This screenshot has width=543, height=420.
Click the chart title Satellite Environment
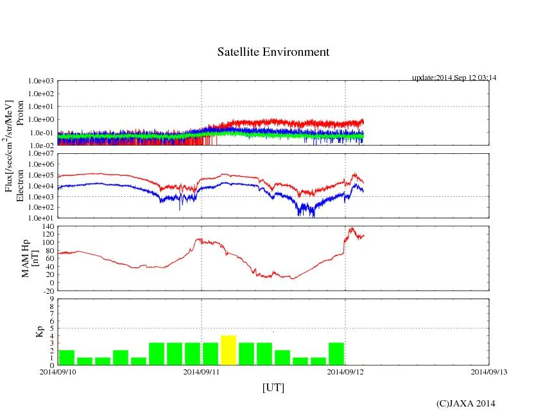tap(273, 52)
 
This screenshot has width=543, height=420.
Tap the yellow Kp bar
tap(228, 349)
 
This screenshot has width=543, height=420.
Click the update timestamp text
tap(454, 78)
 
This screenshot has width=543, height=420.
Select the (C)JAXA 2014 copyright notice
tap(465, 403)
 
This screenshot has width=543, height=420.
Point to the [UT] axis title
tap(273, 387)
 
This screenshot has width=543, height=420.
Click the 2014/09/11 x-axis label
tap(202, 372)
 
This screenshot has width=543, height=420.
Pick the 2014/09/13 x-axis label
tap(489, 372)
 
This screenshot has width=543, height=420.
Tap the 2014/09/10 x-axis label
tap(58, 372)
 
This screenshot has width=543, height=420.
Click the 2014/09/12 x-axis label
tap(346, 372)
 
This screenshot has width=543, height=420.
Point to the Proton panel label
tap(20, 113)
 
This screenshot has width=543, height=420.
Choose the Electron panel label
tap(20, 185)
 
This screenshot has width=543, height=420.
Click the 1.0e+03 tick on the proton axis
tap(41, 81)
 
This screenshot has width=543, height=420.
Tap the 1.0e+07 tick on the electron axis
tap(41, 154)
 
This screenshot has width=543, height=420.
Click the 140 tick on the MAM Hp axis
tap(48, 227)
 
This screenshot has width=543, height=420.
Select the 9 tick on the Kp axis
tap(52, 299)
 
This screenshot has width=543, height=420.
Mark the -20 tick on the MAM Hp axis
tap(48, 290)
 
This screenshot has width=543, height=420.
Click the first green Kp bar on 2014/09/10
tap(66, 357)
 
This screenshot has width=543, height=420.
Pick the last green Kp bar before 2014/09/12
tap(336, 353)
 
